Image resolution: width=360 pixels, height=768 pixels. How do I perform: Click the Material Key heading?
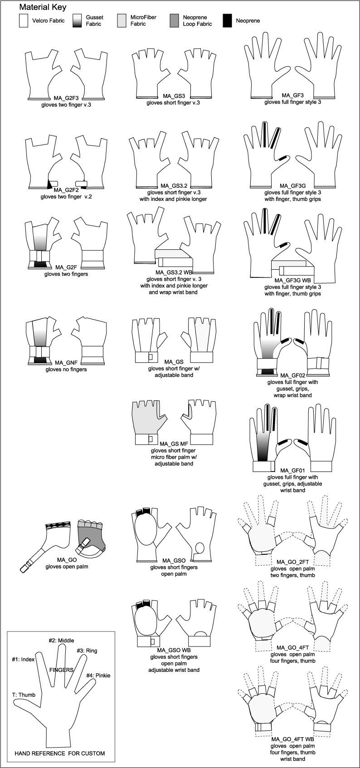pyautogui.click(x=43, y=7)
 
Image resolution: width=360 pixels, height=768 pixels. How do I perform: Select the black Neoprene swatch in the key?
pyautogui.click(x=228, y=21)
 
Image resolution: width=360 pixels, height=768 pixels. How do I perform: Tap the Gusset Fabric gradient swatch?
pyautogui.click(x=77, y=21)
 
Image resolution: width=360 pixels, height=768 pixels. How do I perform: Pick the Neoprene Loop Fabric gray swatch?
pyautogui.click(x=174, y=21)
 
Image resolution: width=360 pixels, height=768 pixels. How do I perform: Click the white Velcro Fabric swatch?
pyautogui.click(x=24, y=21)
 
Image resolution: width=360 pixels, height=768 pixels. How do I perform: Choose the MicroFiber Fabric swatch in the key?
pyautogui.click(x=121, y=21)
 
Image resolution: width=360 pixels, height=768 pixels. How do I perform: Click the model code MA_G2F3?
pyautogui.click(x=66, y=97)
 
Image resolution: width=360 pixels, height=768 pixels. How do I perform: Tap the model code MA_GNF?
pyautogui.click(x=64, y=363)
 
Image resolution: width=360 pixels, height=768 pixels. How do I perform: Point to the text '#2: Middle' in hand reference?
pyautogui.click(x=61, y=641)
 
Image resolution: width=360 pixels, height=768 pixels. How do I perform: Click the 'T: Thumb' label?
pyautogui.click(x=24, y=695)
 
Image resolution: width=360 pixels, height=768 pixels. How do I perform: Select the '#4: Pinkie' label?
pyautogui.click(x=98, y=675)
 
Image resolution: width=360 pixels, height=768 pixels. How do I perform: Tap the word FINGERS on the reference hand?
pyautogui.click(x=62, y=669)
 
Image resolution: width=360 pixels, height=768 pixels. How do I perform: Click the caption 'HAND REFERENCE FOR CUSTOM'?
pyautogui.click(x=60, y=753)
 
